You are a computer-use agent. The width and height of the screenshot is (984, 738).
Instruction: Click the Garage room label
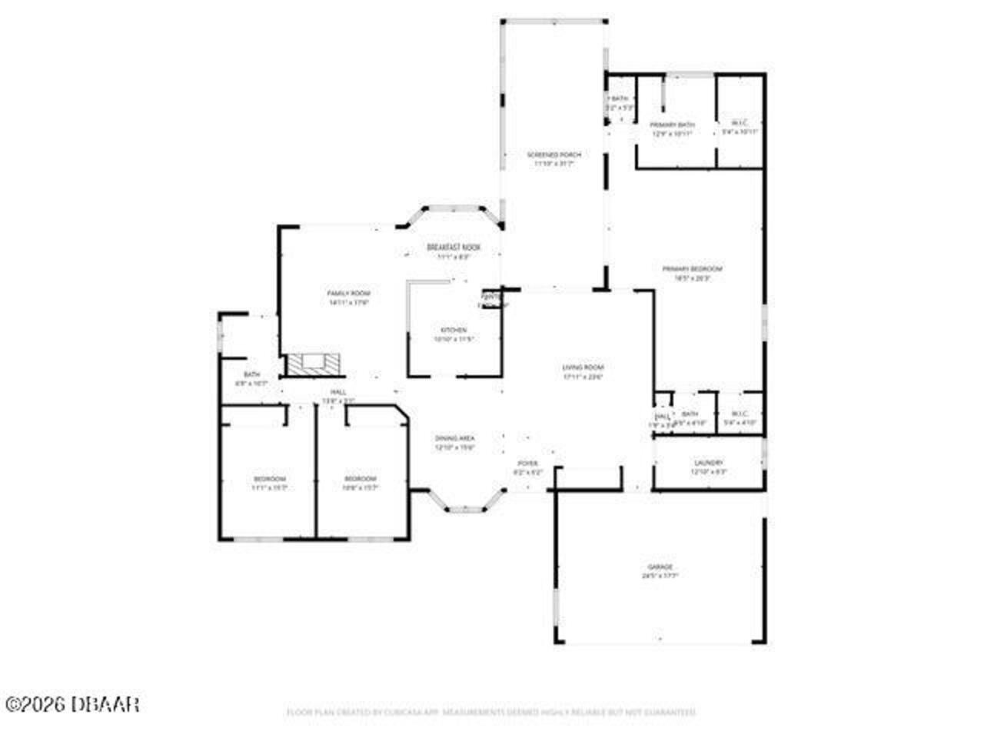coord(661,567)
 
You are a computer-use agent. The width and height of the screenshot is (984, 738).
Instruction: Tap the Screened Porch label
coord(553,155)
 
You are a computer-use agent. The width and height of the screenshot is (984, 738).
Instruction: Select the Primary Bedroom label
coord(693,269)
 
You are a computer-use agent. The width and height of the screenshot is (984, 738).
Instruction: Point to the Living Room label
coord(583,367)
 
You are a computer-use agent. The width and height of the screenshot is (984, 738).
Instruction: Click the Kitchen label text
coord(454,331)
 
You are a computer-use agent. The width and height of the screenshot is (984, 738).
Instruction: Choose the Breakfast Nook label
coord(454,248)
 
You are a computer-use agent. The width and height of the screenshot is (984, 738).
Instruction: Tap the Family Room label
coord(349,294)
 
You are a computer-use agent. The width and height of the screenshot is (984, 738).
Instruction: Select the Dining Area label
coord(454,437)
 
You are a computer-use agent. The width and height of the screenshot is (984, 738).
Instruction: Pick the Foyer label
coord(527,464)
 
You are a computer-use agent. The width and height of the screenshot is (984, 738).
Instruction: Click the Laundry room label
coord(708,463)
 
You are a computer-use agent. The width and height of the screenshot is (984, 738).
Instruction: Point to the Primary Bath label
coord(673,125)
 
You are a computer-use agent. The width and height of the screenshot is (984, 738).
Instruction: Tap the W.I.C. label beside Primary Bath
coord(740,123)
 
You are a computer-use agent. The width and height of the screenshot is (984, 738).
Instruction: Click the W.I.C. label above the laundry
coord(740,414)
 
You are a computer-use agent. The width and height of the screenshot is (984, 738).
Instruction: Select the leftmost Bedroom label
coord(269,479)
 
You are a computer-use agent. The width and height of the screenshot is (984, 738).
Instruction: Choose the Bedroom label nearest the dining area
coord(360,479)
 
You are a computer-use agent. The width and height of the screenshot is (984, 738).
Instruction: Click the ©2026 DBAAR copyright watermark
coord(71,703)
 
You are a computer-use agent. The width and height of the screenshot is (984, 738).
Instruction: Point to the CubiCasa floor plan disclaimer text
coord(491,713)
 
